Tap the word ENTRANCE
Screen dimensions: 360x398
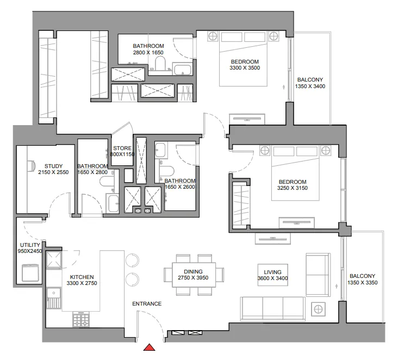pyautogui.click(x=147, y=304)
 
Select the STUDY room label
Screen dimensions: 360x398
pyautogui.click(x=54, y=166)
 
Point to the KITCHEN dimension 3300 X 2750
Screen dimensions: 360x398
pyautogui.click(x=82, y=283)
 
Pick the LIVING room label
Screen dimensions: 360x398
pyautogui.click(x=272, y=271)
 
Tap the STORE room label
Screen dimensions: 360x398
pyautogui.click(x=121, y=148)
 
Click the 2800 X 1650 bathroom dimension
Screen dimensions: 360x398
pyautogui.click(x=148, y=53)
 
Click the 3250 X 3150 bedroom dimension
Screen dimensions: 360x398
pyautogui.click(x=293, y=189)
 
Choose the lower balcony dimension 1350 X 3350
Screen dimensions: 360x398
pyautogui.click(x=363, y=283)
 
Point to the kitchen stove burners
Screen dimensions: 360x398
pyautogui.click(x=80, y=321)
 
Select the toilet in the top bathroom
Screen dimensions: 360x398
pyautogui.click(x=160, y=65)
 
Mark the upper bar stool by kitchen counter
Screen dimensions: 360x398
pyautogui.click(x=133, y=260)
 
